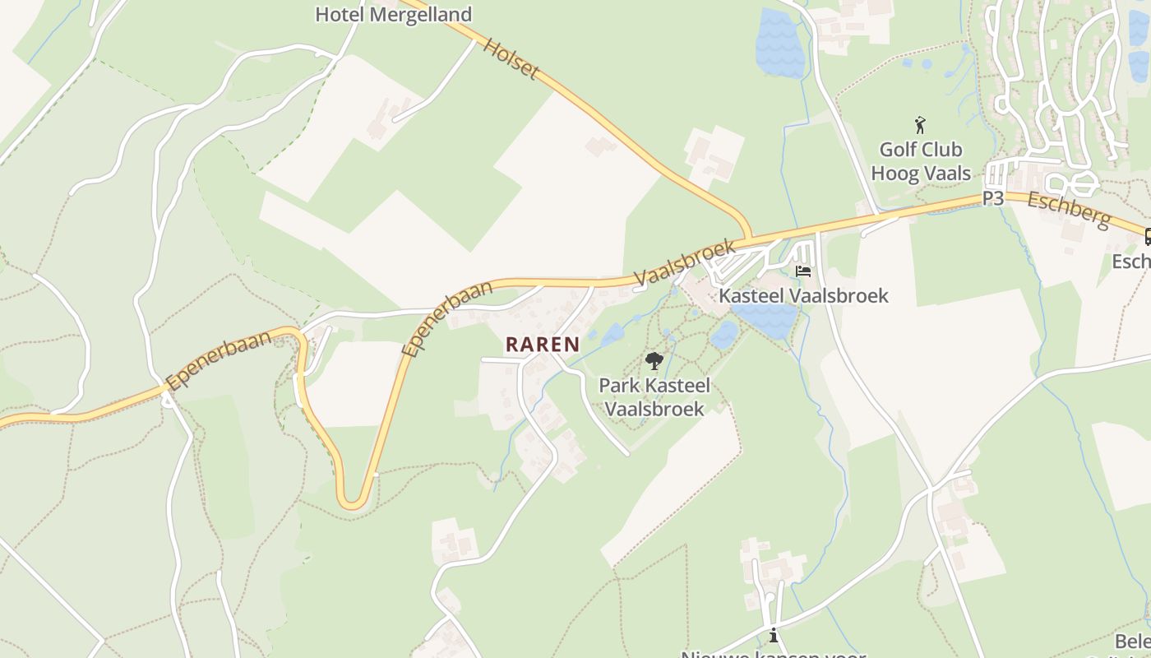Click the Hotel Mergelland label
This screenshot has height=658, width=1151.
(x=394, y=15)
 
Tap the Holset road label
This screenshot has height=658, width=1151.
(x=511, y=58)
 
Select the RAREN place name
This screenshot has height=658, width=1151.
(x=543, y=345)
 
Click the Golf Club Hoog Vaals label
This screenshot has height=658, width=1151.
(x=921, y=161)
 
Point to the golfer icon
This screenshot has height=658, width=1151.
(x=921, y=126)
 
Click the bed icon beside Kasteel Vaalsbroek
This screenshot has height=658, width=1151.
(x=803, y=271)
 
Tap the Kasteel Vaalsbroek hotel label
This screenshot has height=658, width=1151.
(x=803, y=295)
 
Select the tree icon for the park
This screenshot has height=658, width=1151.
(x=654, y=360)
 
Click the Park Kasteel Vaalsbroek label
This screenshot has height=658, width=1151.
(x=654, y=396)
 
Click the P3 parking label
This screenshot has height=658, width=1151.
(x=993, y=198)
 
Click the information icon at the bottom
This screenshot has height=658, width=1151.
(x=773, y=635)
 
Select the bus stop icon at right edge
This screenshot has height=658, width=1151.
(x=1148, y=237)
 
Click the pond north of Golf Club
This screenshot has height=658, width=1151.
(x=779, y=43)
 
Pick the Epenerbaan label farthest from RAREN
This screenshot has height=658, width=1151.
(x=218, y=360)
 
